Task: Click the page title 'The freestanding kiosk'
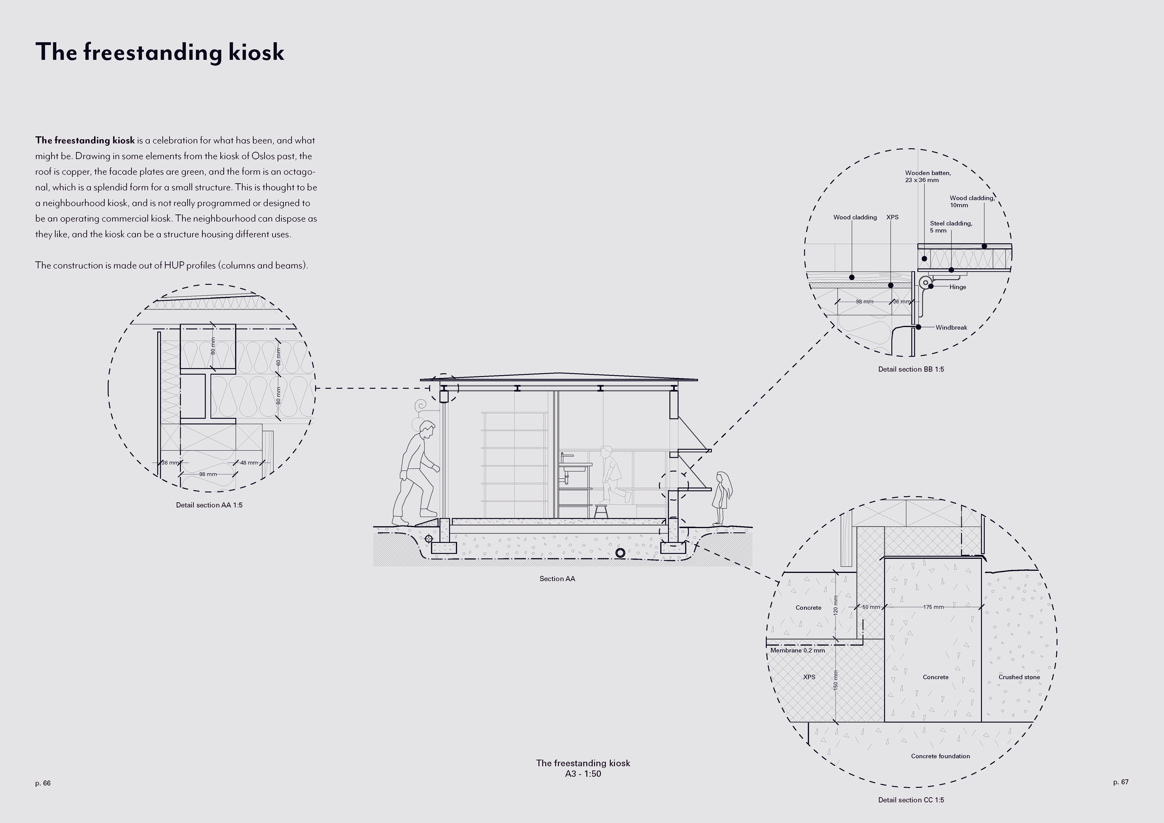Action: coord(160,52)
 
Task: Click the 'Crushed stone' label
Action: coord(1019,677)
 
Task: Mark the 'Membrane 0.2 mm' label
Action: coord(798,650)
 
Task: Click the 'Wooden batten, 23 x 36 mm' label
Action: coord(928,176)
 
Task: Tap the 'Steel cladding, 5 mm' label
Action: coord(950,227)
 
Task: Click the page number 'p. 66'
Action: coord(43,783)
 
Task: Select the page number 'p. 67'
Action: coord(1121,782)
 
